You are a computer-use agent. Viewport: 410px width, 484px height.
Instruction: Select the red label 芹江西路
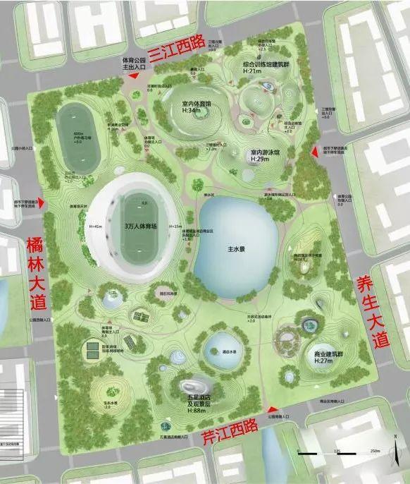click(229, 431)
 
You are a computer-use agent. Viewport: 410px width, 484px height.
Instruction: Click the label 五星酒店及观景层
click(197, 399)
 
